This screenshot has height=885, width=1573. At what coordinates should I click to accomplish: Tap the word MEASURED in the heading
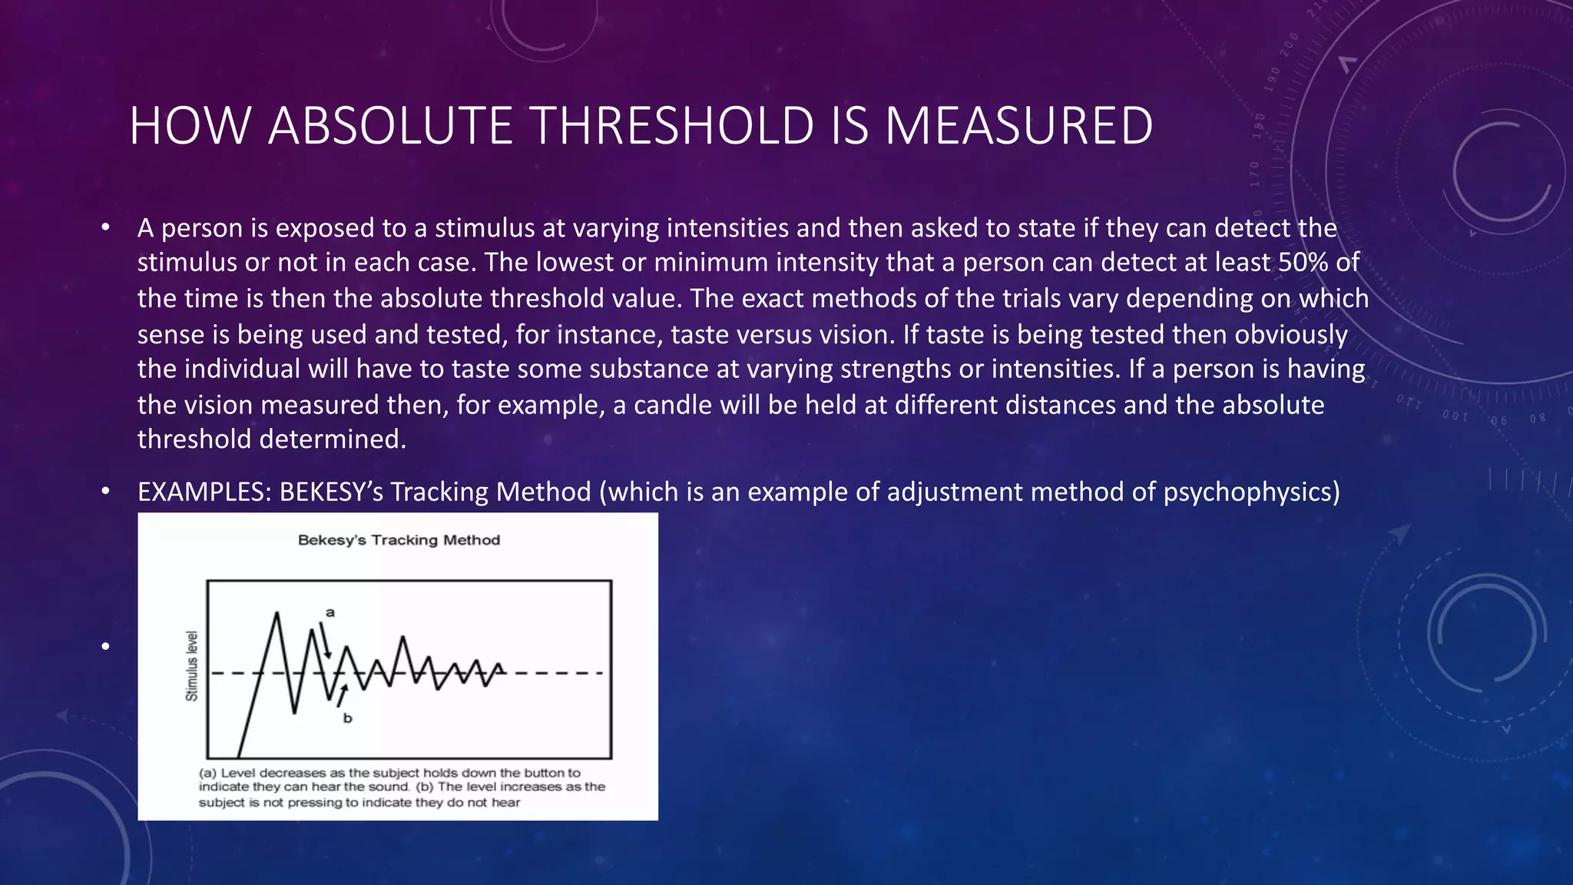pos(1018,126)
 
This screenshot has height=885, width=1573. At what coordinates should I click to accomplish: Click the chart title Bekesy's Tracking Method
pos(399,540)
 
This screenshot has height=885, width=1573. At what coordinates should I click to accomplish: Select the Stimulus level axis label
pos(192,666)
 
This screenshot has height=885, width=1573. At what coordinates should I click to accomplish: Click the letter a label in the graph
pos(330,612)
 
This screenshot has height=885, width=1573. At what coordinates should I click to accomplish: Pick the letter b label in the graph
pos(347,718)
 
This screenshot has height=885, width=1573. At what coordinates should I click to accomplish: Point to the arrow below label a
pos(326,641)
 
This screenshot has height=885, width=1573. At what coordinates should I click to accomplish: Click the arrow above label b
pos(341,695)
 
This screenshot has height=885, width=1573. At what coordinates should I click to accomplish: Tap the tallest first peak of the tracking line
pos(277,613)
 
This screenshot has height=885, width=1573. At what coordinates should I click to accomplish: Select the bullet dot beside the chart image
pos(105,646)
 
